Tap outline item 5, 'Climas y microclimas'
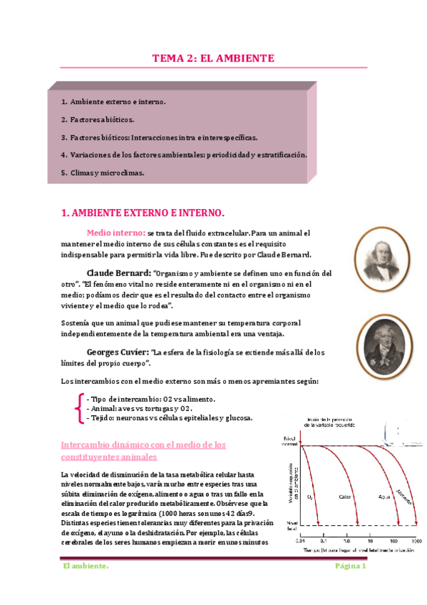pyautogui.click(x=103, y=172)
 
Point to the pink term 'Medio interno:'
pyautogui.click(x=116, y=233)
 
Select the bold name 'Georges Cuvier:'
pyautogui.click(x=118, y=352)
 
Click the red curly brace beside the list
pyautogui.click(x=77, y=408)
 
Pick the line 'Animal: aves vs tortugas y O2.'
pyautogui.click(x=139, y=408)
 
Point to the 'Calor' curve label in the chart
pyautogui.click(x=344, y=495)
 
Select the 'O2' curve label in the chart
pyautogui.click(x=310, y=495)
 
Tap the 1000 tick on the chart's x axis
pyautogui.click(x=416, y=540)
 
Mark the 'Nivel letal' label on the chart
pyautogui.click(x=289, y=527)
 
